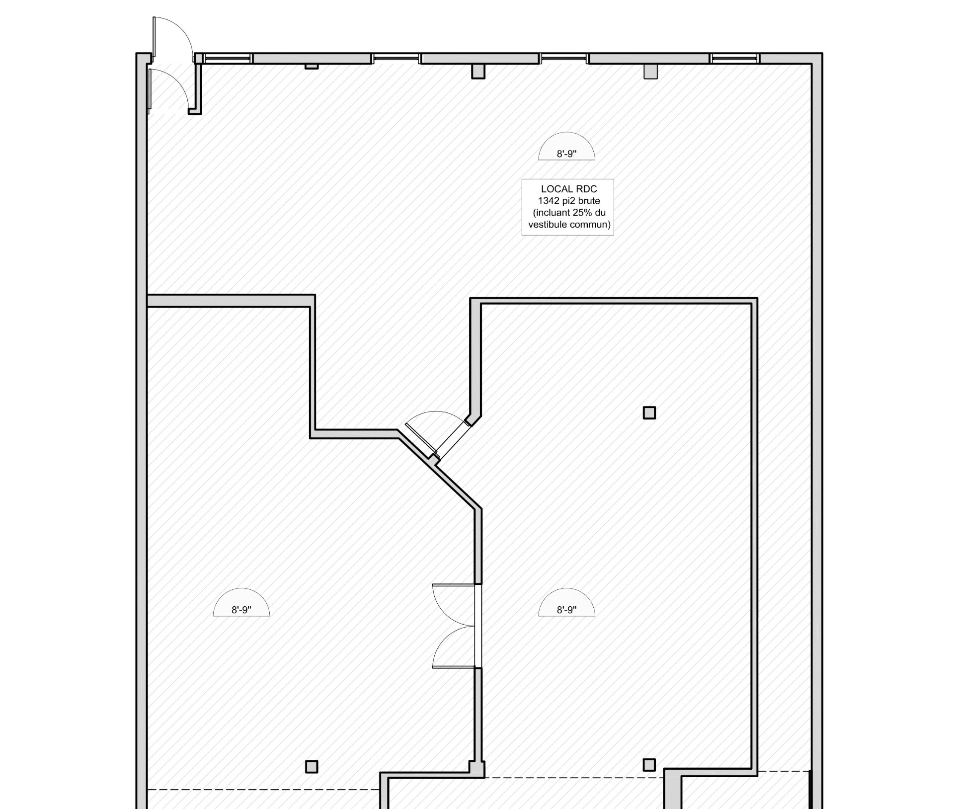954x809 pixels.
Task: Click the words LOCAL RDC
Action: (569, 189)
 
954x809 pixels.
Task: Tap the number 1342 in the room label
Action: (549, 201)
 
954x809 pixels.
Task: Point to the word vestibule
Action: (548, 225)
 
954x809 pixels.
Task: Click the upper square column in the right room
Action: (649, 413)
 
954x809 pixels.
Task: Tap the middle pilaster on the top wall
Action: (478, 72)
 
